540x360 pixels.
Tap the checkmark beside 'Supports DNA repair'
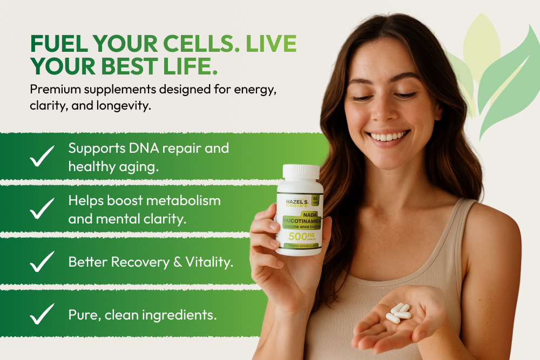tap(42, 155)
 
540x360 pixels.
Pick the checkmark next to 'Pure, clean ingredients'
tap(42, 314)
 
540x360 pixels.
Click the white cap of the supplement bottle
tap(301, 172)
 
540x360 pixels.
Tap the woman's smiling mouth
tap(388, 136)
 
